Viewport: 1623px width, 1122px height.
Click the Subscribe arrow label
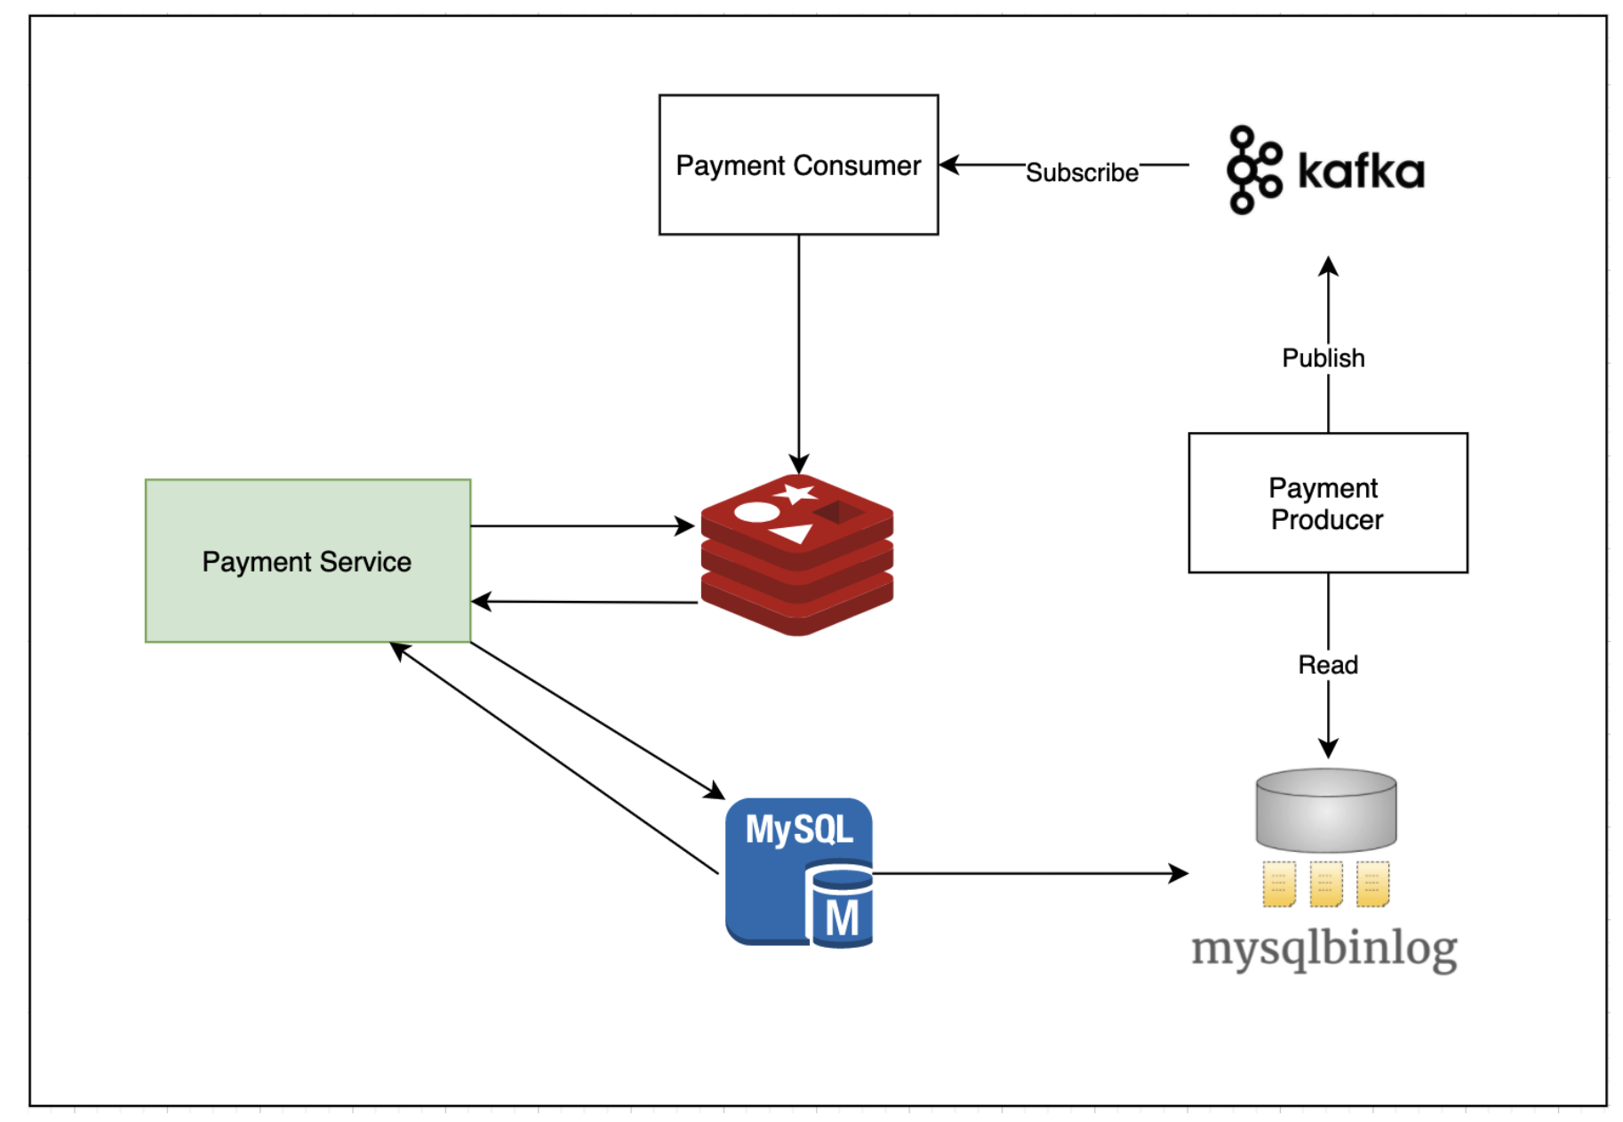click(x=1081, y=172)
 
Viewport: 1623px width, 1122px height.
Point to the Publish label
click(x=1323, y=358)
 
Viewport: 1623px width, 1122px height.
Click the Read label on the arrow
click(x=1327, y=665)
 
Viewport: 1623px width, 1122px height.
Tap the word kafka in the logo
click(x=1360, y=171)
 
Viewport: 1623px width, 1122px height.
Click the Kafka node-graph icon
click(x=1252, y=169)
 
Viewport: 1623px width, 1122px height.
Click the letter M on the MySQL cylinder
click(x=841, y=919)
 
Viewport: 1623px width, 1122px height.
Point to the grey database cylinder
click(x=1325, y=809)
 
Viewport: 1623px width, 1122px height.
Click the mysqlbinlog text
click(x=1323, y=949)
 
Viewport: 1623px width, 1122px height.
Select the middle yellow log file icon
click(x=1325, y=884)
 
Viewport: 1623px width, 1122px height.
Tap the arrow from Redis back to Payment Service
click(x=582, y=602)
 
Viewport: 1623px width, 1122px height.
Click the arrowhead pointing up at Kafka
click(x=1328, y=266)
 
